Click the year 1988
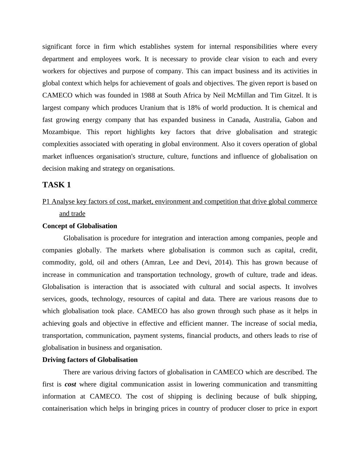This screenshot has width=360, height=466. (x=148, y=95)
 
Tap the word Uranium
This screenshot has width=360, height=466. (x=152, y=108)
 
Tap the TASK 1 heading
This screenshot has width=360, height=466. (x=57, y=185)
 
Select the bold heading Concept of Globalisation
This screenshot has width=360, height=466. (x=80, y=226)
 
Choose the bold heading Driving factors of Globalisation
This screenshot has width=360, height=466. (x=90, y=360)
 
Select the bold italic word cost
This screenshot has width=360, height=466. (x=70, y=384)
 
